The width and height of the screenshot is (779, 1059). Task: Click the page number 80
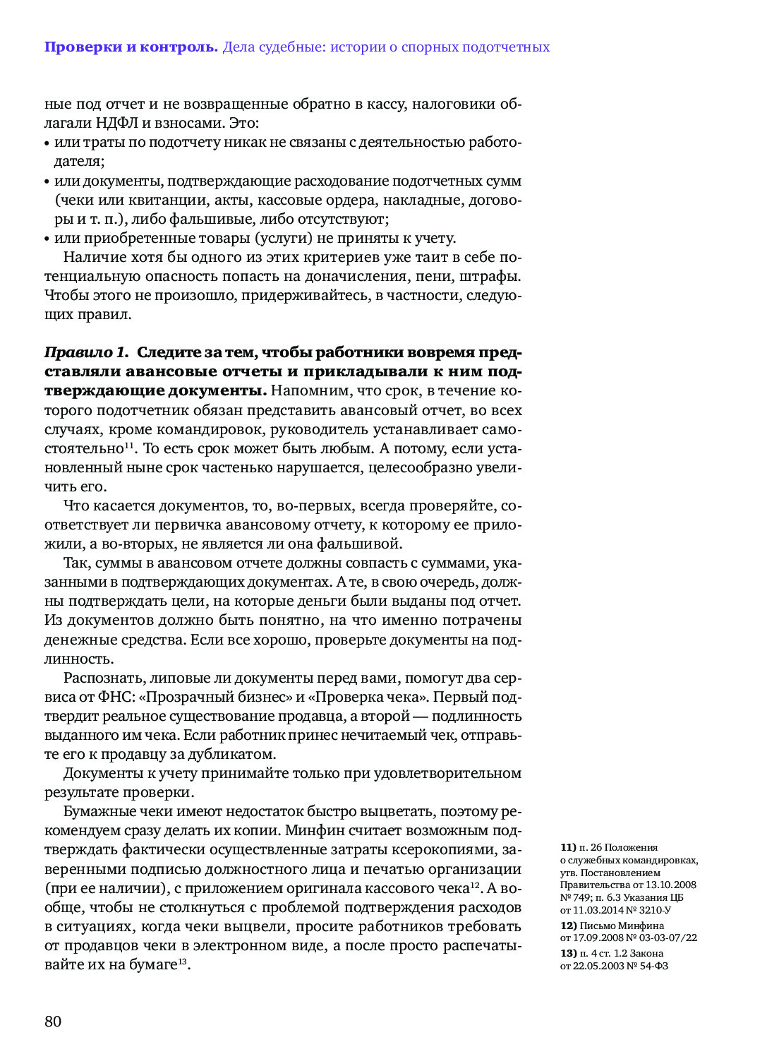[53, 1022]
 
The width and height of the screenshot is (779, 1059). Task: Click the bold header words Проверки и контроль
[131, 47]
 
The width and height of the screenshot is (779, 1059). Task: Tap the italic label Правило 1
[86, 352]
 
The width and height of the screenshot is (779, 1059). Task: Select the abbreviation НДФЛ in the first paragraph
[117, 123]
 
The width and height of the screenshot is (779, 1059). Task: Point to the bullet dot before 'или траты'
[47, 143]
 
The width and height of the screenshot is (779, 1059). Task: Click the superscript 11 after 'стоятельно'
[130, 445]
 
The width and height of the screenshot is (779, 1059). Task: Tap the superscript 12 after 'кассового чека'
[475, 885]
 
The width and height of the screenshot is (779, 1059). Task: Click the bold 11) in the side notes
[568, 847]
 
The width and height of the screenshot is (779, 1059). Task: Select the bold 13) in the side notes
[568, 953]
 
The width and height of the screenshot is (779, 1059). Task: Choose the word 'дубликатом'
[236, 754]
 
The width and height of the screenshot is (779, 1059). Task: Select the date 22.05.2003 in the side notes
[598, 966]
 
